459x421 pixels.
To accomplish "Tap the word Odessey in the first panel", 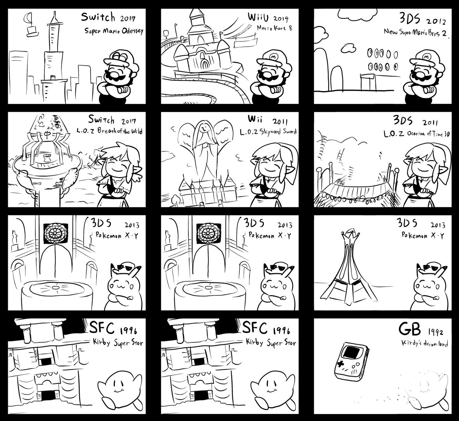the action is [x=133, y=31].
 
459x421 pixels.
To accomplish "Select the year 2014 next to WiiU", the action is [x=281, y=19].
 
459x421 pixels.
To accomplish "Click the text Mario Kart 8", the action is [x=274, y=28].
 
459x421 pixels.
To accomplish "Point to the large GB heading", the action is [x=410, y=329].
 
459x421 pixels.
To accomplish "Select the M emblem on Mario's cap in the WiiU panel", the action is [x=273, y=56].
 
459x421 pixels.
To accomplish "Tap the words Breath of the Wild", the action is [x=120, y=131].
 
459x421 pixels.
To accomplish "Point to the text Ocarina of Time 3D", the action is [x=428, y=134].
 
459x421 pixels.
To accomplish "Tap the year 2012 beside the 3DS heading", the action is [x=436, y=22].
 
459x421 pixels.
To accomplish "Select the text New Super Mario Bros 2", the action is [x=415, y=33].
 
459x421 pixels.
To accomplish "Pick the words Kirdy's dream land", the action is [x=425, y=343].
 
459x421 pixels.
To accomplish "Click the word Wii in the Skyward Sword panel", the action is [x=255, y=119].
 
